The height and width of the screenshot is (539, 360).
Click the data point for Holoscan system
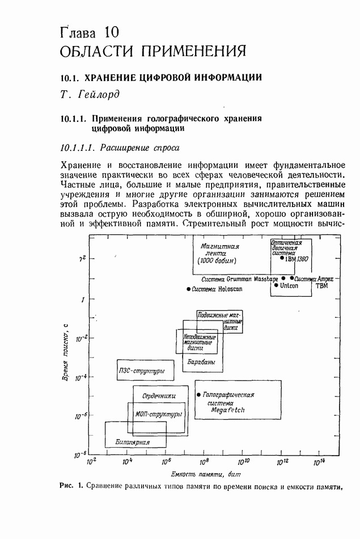188,289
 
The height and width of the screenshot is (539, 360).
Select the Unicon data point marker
276,285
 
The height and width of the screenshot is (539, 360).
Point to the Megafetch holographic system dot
198,394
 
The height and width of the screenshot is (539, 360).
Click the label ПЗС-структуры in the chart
142,370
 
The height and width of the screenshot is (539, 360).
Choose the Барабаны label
201,361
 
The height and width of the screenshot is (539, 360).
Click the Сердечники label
158,395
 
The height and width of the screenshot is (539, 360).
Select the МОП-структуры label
159,414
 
